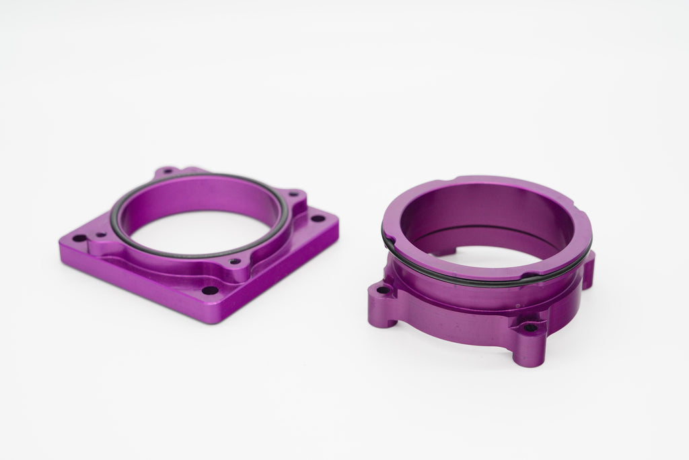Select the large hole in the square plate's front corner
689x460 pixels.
[210, 291]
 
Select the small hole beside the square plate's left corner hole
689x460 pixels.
[101, 235]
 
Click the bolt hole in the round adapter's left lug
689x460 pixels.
[383, 291]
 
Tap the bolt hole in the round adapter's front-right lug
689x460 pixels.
[530, 328]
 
